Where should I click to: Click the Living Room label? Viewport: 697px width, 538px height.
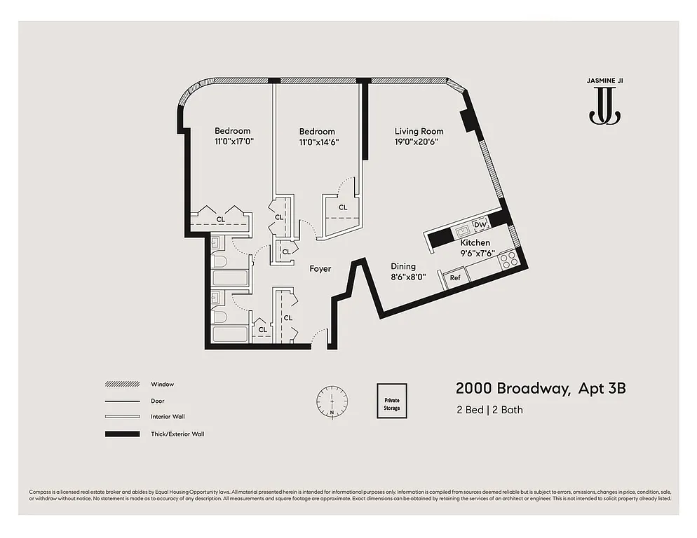(x=419, y=131)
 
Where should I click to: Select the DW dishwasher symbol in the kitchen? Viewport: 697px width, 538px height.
(x=480, y=225)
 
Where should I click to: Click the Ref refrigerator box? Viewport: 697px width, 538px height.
(x=455, y=278)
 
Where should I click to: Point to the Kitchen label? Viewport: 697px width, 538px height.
(x=475, y=242)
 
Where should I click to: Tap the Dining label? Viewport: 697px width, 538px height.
(x=403, y=266)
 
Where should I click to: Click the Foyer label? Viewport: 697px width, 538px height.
(x=320, y=268)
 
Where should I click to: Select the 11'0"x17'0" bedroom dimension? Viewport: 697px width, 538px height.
(x=233, y=142)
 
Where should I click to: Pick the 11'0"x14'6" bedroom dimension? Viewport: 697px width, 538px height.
(x=317, y=142)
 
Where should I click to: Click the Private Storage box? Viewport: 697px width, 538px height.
(x=392, y=401)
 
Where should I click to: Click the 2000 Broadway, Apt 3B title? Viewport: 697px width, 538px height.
(x=540, y=389)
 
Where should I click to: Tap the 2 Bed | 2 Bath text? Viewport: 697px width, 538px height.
(x=489, y=410)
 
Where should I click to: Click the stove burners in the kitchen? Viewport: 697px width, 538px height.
(x=508, y=260)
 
